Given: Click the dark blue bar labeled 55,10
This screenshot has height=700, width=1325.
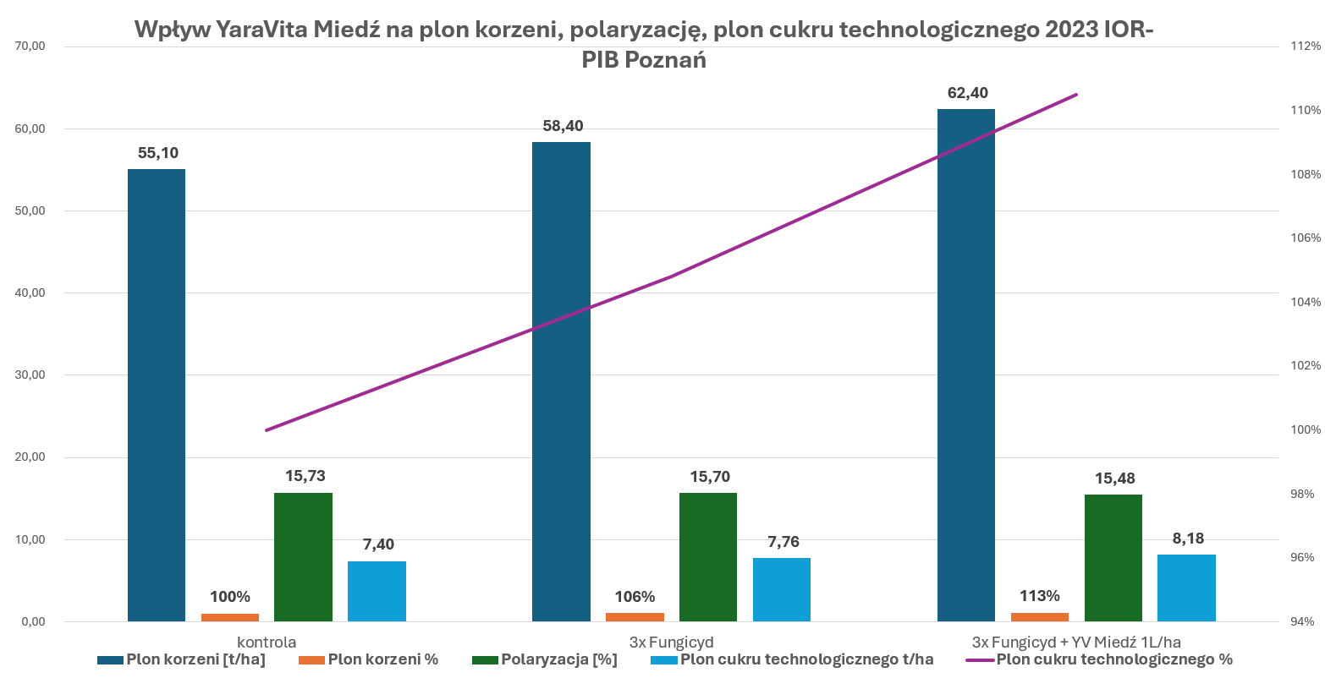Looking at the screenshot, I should [157, 395].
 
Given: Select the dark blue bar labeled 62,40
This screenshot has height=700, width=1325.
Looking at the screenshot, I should [966, 365].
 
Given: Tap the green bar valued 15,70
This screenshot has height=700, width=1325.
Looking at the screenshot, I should [708, 557].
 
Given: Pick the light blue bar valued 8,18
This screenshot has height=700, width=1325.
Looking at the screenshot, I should [1186, 588].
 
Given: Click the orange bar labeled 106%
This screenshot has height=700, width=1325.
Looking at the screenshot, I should [635, 617].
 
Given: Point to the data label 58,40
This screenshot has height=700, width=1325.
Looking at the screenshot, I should [563, 126].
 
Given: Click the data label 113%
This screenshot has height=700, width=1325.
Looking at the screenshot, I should [1039, 596].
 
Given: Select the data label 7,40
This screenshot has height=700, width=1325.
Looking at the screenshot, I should [378, 544].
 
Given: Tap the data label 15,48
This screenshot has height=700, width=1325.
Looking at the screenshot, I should [1114, 479].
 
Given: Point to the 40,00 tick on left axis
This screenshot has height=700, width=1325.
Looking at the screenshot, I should [30, 293].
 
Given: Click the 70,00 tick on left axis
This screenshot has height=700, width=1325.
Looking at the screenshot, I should [30, 46].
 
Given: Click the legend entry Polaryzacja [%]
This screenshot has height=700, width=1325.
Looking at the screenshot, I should [558, 659].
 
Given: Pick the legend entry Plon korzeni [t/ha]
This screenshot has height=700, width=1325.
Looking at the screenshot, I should [195, 659].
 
